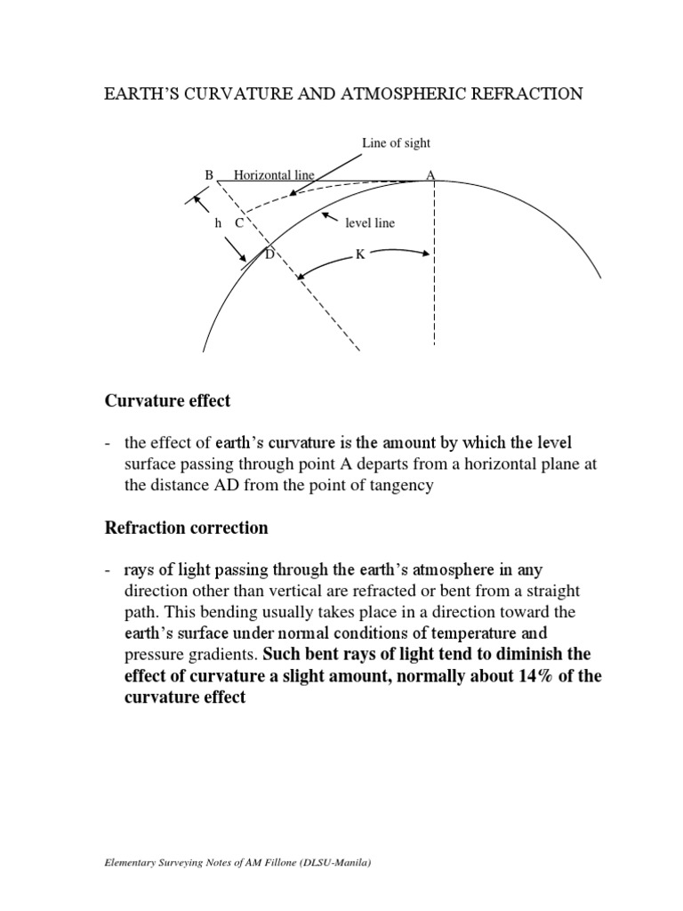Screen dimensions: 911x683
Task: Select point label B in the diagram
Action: (x=210, y=175)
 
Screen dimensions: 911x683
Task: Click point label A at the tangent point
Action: (x=430, y=175)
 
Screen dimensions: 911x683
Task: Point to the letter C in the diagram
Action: (x=239, y=223)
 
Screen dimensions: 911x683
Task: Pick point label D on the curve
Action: (x=269, y=254)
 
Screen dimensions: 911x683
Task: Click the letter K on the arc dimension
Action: (x=360, y=254)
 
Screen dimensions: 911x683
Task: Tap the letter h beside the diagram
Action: (x=218, y=223)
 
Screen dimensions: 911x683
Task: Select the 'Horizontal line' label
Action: (x=274, y=175)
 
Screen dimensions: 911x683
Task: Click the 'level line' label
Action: (x=370, y=223)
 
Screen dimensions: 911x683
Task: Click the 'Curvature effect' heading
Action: (x=167, y=401)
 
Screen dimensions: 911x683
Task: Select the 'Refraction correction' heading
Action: (x=186, y=528)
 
